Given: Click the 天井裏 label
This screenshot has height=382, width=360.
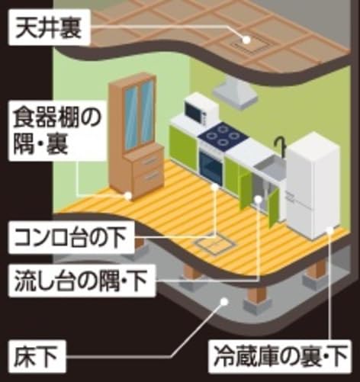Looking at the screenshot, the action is (49, 28).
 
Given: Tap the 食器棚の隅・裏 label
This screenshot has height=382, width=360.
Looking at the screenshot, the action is (57, 131).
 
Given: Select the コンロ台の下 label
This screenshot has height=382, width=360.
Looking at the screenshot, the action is (70, 237).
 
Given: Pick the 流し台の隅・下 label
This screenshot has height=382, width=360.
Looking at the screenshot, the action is (81, 281).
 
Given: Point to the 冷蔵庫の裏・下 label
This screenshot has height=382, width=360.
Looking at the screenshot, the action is (280, 355).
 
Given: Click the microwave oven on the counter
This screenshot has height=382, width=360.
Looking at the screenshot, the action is (201, 109).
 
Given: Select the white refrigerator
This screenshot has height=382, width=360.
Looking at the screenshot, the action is (313, 185).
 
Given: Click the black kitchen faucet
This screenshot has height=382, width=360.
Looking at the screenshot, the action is (281, 147).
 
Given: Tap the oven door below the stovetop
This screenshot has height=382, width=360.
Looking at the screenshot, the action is (211, 165).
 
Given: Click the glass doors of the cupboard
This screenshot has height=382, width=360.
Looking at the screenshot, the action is (139, 114).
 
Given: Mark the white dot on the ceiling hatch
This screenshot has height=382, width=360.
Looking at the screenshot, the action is (246, 40).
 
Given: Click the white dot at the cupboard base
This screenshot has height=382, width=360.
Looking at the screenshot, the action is (128, 195).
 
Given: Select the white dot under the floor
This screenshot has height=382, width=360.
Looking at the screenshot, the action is (223, 301).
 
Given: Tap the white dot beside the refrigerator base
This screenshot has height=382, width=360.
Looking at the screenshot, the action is (329, 230).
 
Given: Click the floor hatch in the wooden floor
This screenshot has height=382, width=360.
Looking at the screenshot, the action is (215, 243).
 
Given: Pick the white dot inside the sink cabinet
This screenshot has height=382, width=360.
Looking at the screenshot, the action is (259, 199).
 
